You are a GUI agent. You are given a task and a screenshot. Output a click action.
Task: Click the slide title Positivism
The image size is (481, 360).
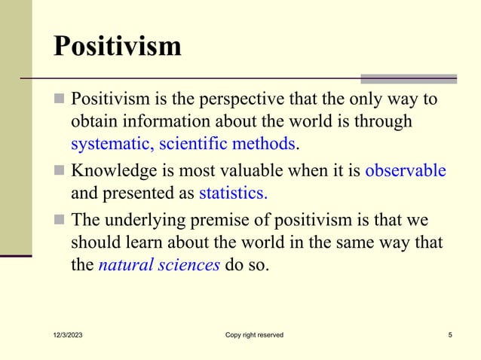click(117, 46)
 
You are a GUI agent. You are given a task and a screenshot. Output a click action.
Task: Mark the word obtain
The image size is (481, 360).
click(93, 121)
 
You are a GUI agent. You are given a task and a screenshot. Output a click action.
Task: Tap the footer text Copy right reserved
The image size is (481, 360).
click(254, 335)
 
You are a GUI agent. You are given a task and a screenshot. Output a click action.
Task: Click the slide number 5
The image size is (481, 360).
click(450, 335)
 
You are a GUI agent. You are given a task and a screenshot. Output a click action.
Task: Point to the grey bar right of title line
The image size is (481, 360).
click(408, 78)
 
